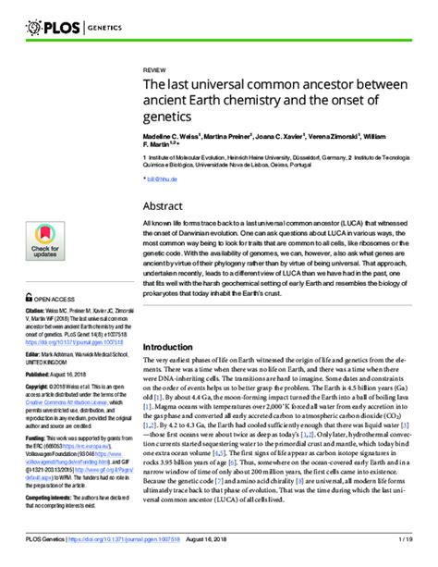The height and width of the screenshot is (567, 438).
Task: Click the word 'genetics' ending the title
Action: tap(166, 117)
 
